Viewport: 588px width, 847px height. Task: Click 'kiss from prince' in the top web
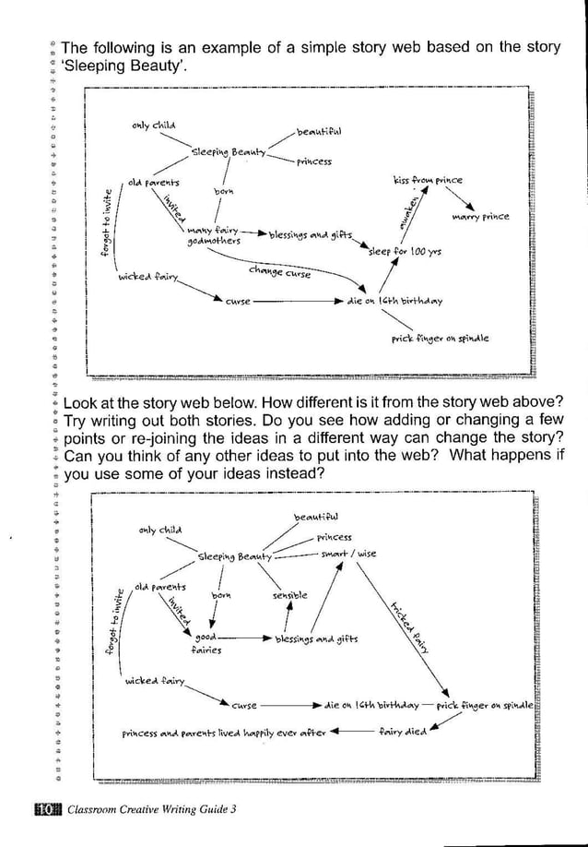(x=427, y=180)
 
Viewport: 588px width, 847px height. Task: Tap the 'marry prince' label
(x=480, y=218)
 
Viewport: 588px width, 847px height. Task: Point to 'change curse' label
(x=279, y=272)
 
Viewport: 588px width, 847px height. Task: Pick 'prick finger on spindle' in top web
(x=440, y=339)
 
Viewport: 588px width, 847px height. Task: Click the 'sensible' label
(x=289, y=597)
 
